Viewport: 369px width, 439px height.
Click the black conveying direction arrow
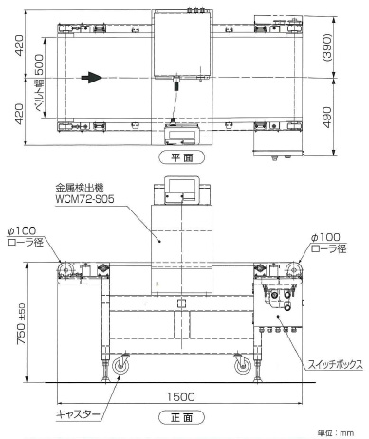91,78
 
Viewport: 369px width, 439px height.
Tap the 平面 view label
181,157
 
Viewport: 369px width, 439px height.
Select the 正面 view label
181,417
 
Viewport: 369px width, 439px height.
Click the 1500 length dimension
180,397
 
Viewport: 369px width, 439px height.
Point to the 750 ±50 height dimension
21,323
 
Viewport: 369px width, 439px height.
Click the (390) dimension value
327,47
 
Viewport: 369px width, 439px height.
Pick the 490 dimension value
327,118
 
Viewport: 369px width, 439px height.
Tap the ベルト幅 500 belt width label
39,83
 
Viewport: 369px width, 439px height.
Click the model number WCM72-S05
84,199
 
